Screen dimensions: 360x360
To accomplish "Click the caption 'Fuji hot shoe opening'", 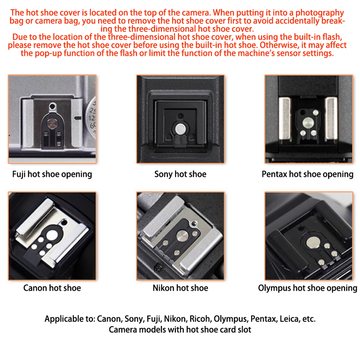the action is click(x=52, y=174).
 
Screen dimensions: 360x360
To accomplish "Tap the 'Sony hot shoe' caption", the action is click(x=180, y=174).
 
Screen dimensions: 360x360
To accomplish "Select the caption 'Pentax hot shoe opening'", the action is click(x=307, y=174).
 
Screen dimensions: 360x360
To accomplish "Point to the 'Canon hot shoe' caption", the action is click(x=52, y=288).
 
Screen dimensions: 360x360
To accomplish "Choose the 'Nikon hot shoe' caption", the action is click(x=180, y=288).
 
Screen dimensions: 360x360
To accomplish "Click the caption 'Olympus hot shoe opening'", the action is click(x=307, y=288).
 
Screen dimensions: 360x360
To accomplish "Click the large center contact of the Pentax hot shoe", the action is click(x=308, y=123).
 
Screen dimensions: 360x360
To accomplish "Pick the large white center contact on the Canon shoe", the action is click(x=52, y=235).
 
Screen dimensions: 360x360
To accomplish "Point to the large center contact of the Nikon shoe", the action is click(x=182, y=236).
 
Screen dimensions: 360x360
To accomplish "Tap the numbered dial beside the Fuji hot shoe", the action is click(x=91, y=118).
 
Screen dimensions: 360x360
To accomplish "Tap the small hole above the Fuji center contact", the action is click(x=53, y=106).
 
